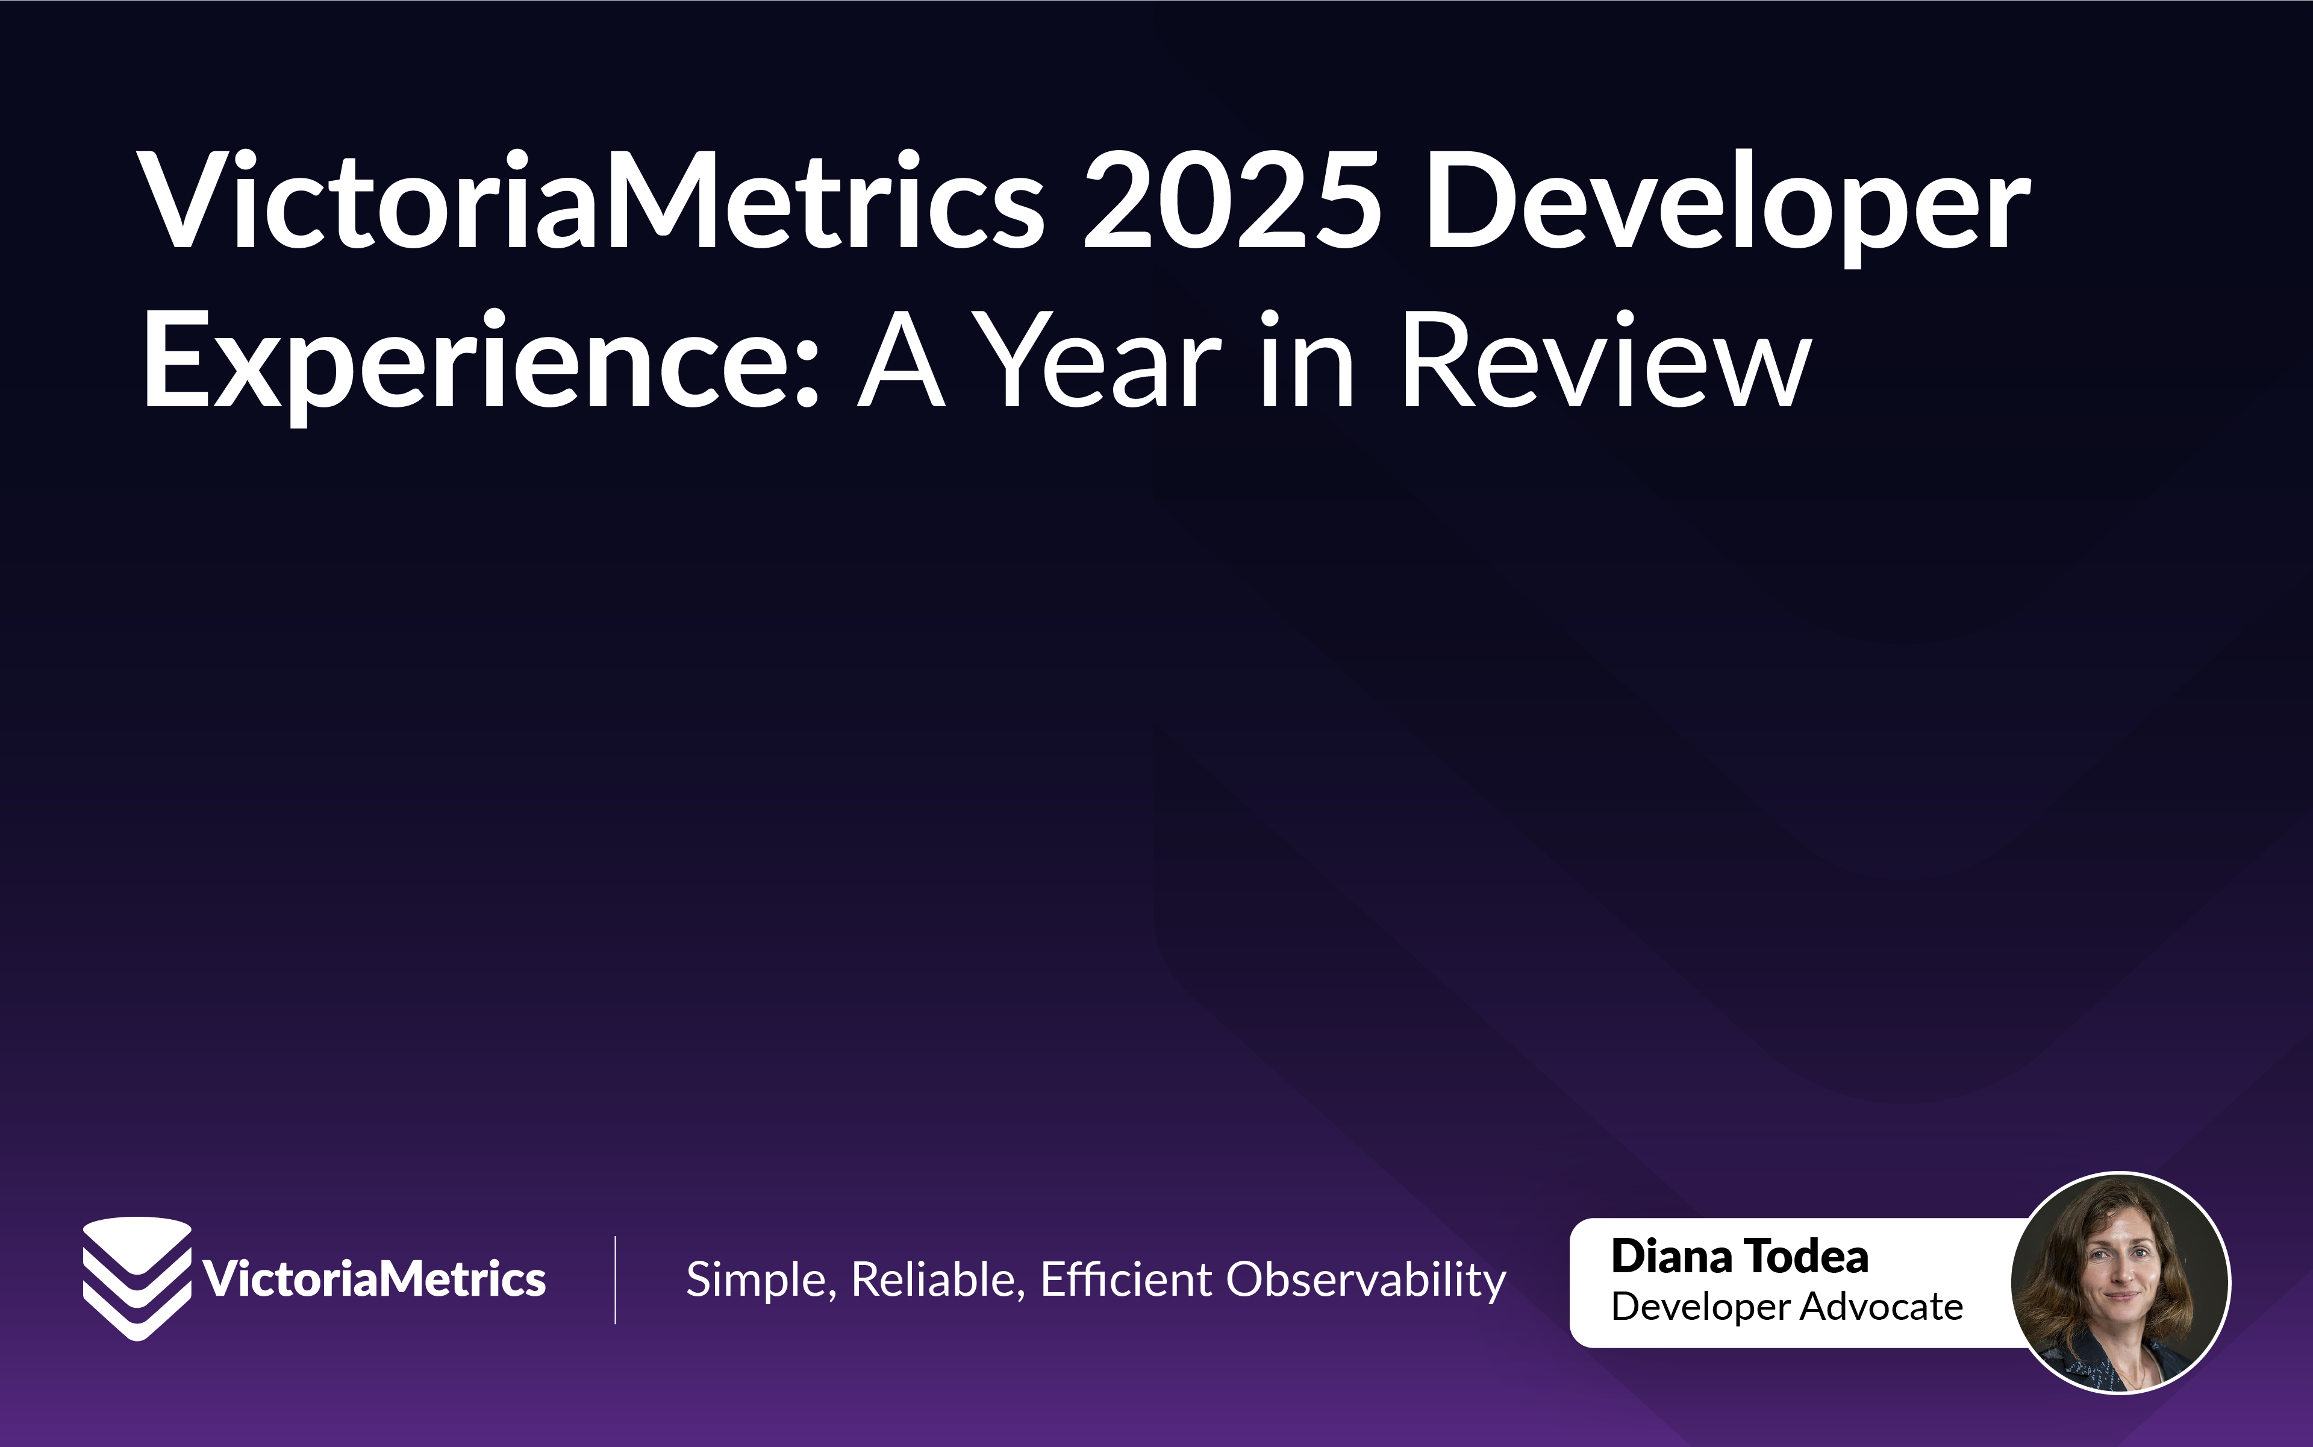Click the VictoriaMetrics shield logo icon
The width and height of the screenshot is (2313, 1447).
(x=137, y=1278)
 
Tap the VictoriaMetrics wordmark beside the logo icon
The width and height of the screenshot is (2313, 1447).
(x=374, y=1279)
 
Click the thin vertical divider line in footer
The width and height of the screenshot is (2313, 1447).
(x=615, y=1279)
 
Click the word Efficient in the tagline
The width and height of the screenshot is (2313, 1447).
(x=1126, y=1279)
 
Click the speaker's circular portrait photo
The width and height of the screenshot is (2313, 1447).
(x=2121, y=1282)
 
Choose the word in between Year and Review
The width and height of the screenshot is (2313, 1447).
(x=1306, y=361)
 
